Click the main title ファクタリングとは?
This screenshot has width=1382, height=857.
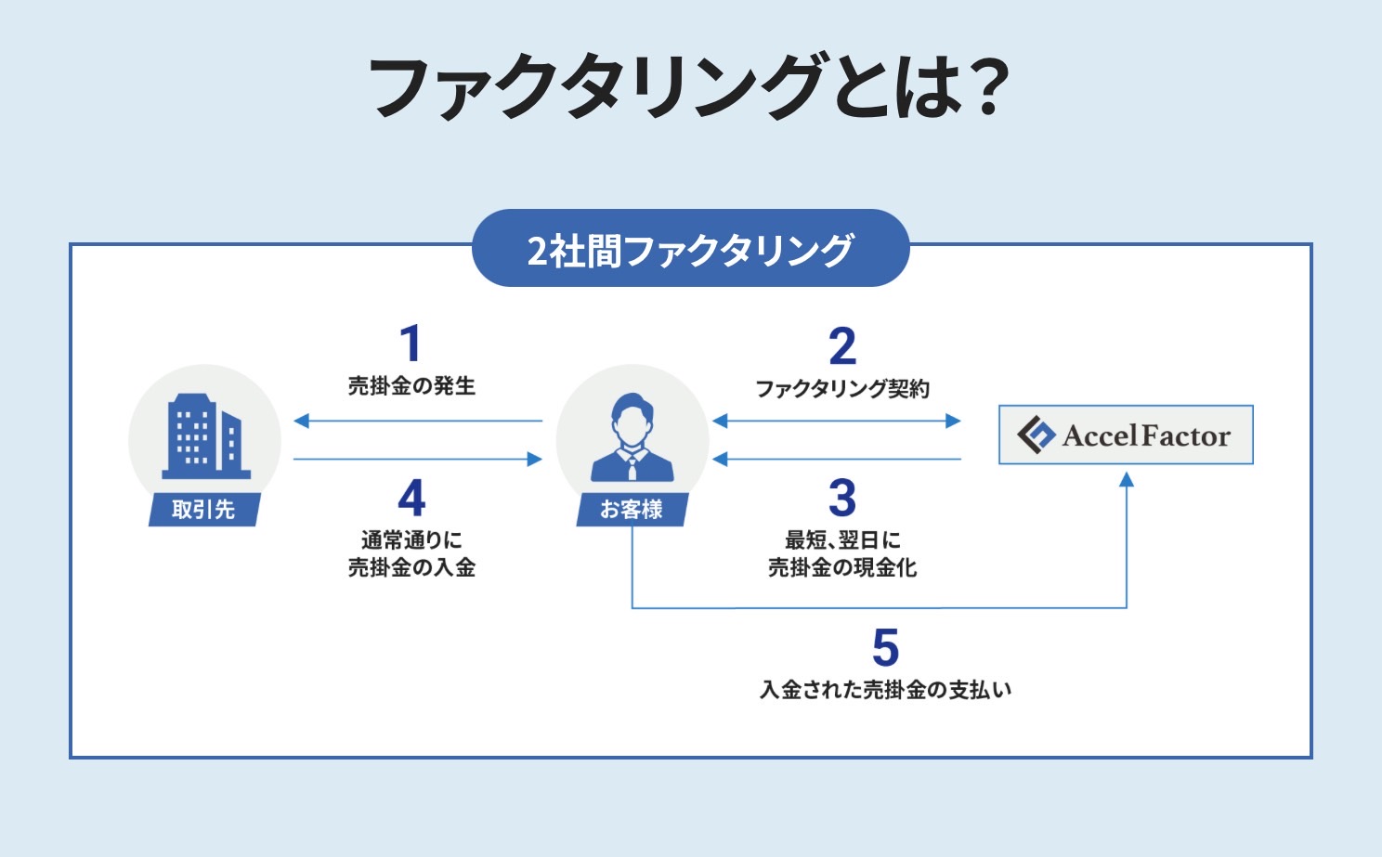click(x=688, y=86)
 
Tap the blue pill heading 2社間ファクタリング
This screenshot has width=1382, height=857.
click(x=690, y=248)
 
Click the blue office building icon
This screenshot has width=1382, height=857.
click(x=206, y=436)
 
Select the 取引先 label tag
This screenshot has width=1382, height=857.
click(x=204, y=510)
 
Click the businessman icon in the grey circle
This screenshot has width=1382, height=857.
click(x=632, y=437)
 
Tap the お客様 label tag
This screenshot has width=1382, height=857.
click(x=632, y=510)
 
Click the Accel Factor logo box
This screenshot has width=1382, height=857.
click(x=1126, y=435)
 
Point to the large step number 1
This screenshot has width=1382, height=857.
click(x=411, y=343)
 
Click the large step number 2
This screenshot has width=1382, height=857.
click(x=842, y=345)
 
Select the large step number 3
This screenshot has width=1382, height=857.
click(x=842, y=498)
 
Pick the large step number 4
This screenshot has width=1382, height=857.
click(x=411, y=498)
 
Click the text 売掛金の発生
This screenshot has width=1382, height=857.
click(x=411, y=386)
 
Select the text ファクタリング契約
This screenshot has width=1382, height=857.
click(x=842, y=389)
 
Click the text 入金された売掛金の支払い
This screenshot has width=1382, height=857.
click(x=885, y=690)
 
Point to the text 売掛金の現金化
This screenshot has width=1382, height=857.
click(x=842, y=567)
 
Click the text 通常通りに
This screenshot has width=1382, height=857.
click(x=411, y=540)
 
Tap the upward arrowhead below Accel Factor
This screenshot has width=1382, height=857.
click(x=1127, y=479)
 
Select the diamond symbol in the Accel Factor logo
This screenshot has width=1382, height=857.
click(x=1036, y=435)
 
